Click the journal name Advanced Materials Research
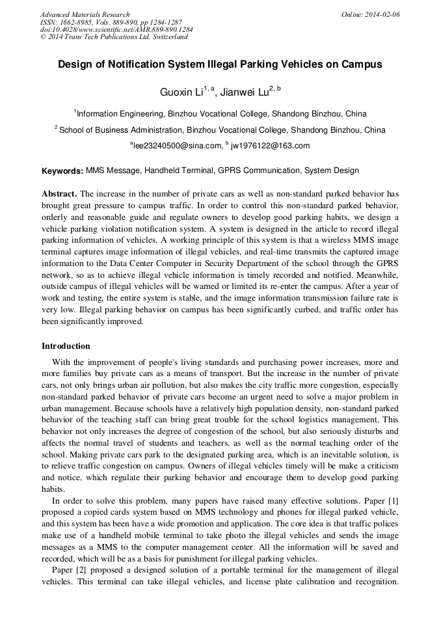click(85, 14)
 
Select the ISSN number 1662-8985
click(76, 22)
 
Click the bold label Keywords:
click(62, 171)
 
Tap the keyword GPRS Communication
click(256, 170)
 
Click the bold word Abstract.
click(59, 194)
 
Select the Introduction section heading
click(66, 346)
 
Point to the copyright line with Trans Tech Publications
click(114, 37)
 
